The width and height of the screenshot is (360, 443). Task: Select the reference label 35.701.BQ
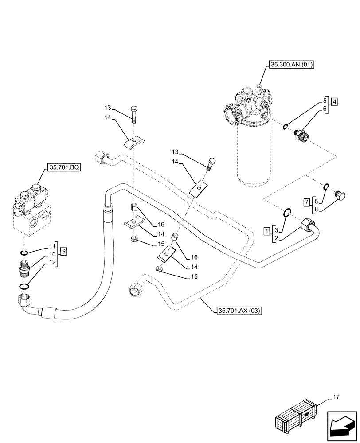63,168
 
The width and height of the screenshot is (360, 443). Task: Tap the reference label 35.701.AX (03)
239,311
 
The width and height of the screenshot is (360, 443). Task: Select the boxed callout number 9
64,252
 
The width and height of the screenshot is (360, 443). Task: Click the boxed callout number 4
334,102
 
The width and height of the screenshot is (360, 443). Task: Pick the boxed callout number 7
306,202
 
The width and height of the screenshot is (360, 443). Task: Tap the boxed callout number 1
266,231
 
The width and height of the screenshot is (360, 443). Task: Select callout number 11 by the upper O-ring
52,245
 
